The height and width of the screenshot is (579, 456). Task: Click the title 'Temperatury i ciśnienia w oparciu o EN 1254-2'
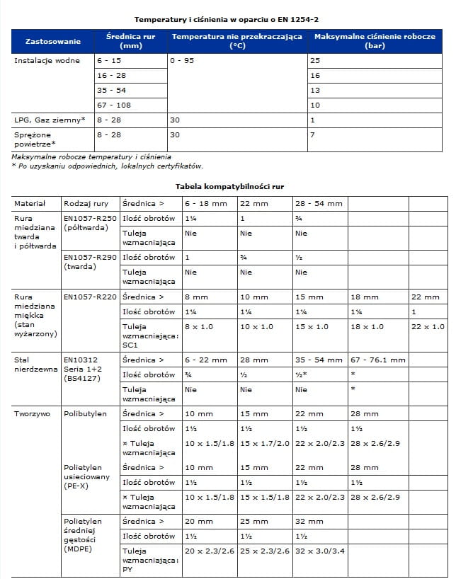click(232, 19)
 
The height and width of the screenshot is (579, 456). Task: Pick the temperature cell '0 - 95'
click(182, 61)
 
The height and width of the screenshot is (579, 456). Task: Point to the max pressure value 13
click(315, 91)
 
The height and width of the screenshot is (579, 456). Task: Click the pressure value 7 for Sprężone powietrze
click(312, 134)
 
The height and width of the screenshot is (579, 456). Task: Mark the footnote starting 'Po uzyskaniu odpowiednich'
click(109, 166)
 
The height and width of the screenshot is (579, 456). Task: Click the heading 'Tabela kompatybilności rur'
click(229, 186)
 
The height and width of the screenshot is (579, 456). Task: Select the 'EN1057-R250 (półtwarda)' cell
click(90, 223)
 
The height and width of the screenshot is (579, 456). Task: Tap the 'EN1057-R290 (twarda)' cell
click(90, 261)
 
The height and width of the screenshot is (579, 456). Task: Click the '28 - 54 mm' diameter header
click(319, 204)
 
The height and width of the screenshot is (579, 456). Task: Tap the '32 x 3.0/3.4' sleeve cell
click(319, 551)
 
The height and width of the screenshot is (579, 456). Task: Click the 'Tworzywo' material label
click(33, 413)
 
